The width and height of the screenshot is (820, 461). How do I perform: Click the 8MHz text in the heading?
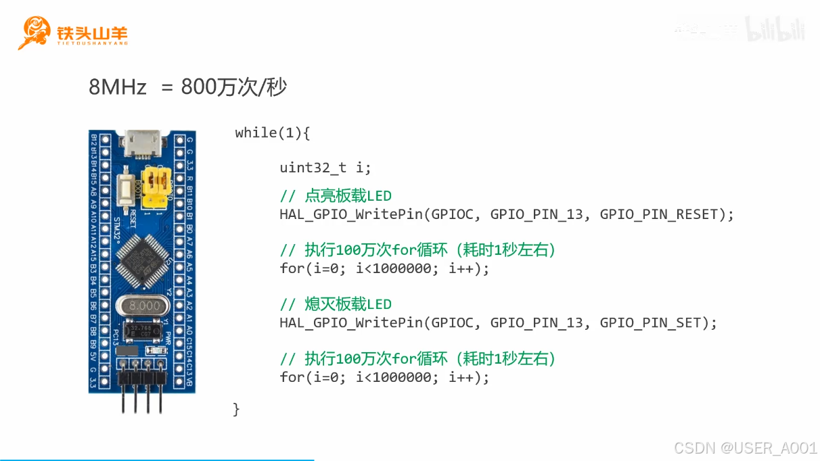tap(118, 87)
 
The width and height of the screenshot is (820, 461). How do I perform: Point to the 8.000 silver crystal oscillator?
tap(142, 306)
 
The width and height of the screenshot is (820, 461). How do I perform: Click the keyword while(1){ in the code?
tap(272, 133)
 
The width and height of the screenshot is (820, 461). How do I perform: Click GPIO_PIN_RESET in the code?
tap(662, 214)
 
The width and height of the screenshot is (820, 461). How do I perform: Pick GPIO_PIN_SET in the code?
tap(654, 322)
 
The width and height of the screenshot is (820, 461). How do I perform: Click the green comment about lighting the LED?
tap(336, 196)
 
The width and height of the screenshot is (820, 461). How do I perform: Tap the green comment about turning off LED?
tap(336, 304)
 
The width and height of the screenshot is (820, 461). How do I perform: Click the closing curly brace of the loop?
tap(236, 409)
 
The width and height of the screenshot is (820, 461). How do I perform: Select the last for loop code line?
tap(384, 377)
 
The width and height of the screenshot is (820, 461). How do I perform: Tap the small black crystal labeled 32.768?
tap(141, 331)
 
